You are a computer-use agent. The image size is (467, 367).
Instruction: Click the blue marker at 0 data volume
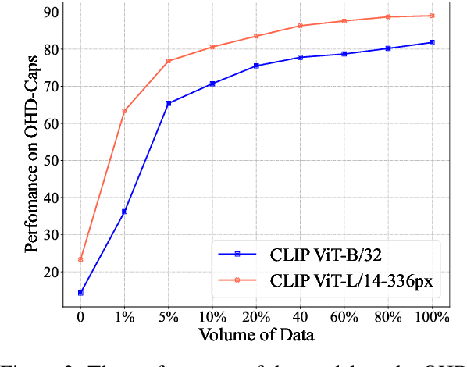[80, 293]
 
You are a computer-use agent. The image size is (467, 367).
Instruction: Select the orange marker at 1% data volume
[124, 111]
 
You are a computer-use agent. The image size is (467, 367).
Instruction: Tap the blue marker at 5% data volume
[169, 103]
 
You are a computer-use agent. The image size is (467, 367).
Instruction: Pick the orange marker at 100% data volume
[432, 16]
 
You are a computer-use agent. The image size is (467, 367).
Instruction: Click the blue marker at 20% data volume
[256, 66]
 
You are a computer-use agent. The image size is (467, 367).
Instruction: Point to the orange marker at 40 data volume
[301, 26]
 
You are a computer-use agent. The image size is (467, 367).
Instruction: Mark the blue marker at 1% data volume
[124, 212]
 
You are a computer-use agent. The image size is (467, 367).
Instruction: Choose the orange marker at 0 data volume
[80, 259]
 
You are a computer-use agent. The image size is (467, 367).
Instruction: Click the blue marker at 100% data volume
[432, 42]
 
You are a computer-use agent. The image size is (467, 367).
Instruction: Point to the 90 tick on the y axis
[52, 12]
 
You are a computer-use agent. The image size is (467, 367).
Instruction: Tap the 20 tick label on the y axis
[52, 272]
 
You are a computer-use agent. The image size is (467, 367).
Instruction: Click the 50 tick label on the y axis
[52, 161]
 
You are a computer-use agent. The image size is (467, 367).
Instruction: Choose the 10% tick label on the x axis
[212, 318]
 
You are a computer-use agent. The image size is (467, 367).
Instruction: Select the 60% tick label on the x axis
[344, 318]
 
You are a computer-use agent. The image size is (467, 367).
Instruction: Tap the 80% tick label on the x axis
[388, 318]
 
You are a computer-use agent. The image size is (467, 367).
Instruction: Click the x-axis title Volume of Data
[256, 337]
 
